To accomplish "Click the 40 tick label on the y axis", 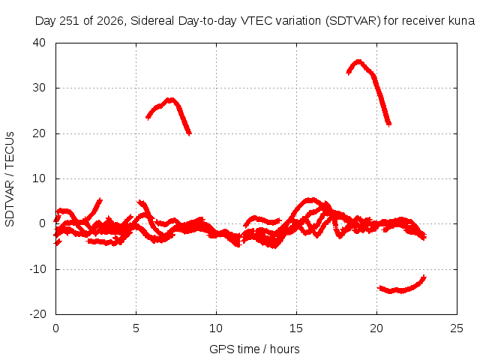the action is pyautogui.click(x=39, y=43).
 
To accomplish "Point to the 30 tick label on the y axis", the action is pyautogui.click(x=39, y=88).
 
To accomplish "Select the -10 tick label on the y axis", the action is pyautogui.click(x=37, y=269).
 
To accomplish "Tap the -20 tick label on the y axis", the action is pyautogui.click(x=37, y=314).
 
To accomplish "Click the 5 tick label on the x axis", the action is pyautogui.click(x=136, y=328).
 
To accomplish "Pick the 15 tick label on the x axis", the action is pyautogui.click(x=296, y=328).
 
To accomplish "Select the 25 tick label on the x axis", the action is pyautogui.click(x=457, y=328).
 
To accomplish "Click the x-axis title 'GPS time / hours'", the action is pyautogui.click(x=254, y=349).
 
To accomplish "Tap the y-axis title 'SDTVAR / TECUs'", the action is pyautogui.click(x=10, y=179).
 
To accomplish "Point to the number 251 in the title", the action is pyautogui.click(x=69, y=21).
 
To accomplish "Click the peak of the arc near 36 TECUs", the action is pyautogui.click(x=358, y=61).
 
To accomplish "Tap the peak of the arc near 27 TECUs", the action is pyautogui.click(x=170, y=100).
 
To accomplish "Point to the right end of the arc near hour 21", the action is pyautogui.click(x=389, y=124).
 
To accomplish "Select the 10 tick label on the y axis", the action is pyautogui.click(x=39, y=178).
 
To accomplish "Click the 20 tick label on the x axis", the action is pyautogui.click(x=376, y=328).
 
